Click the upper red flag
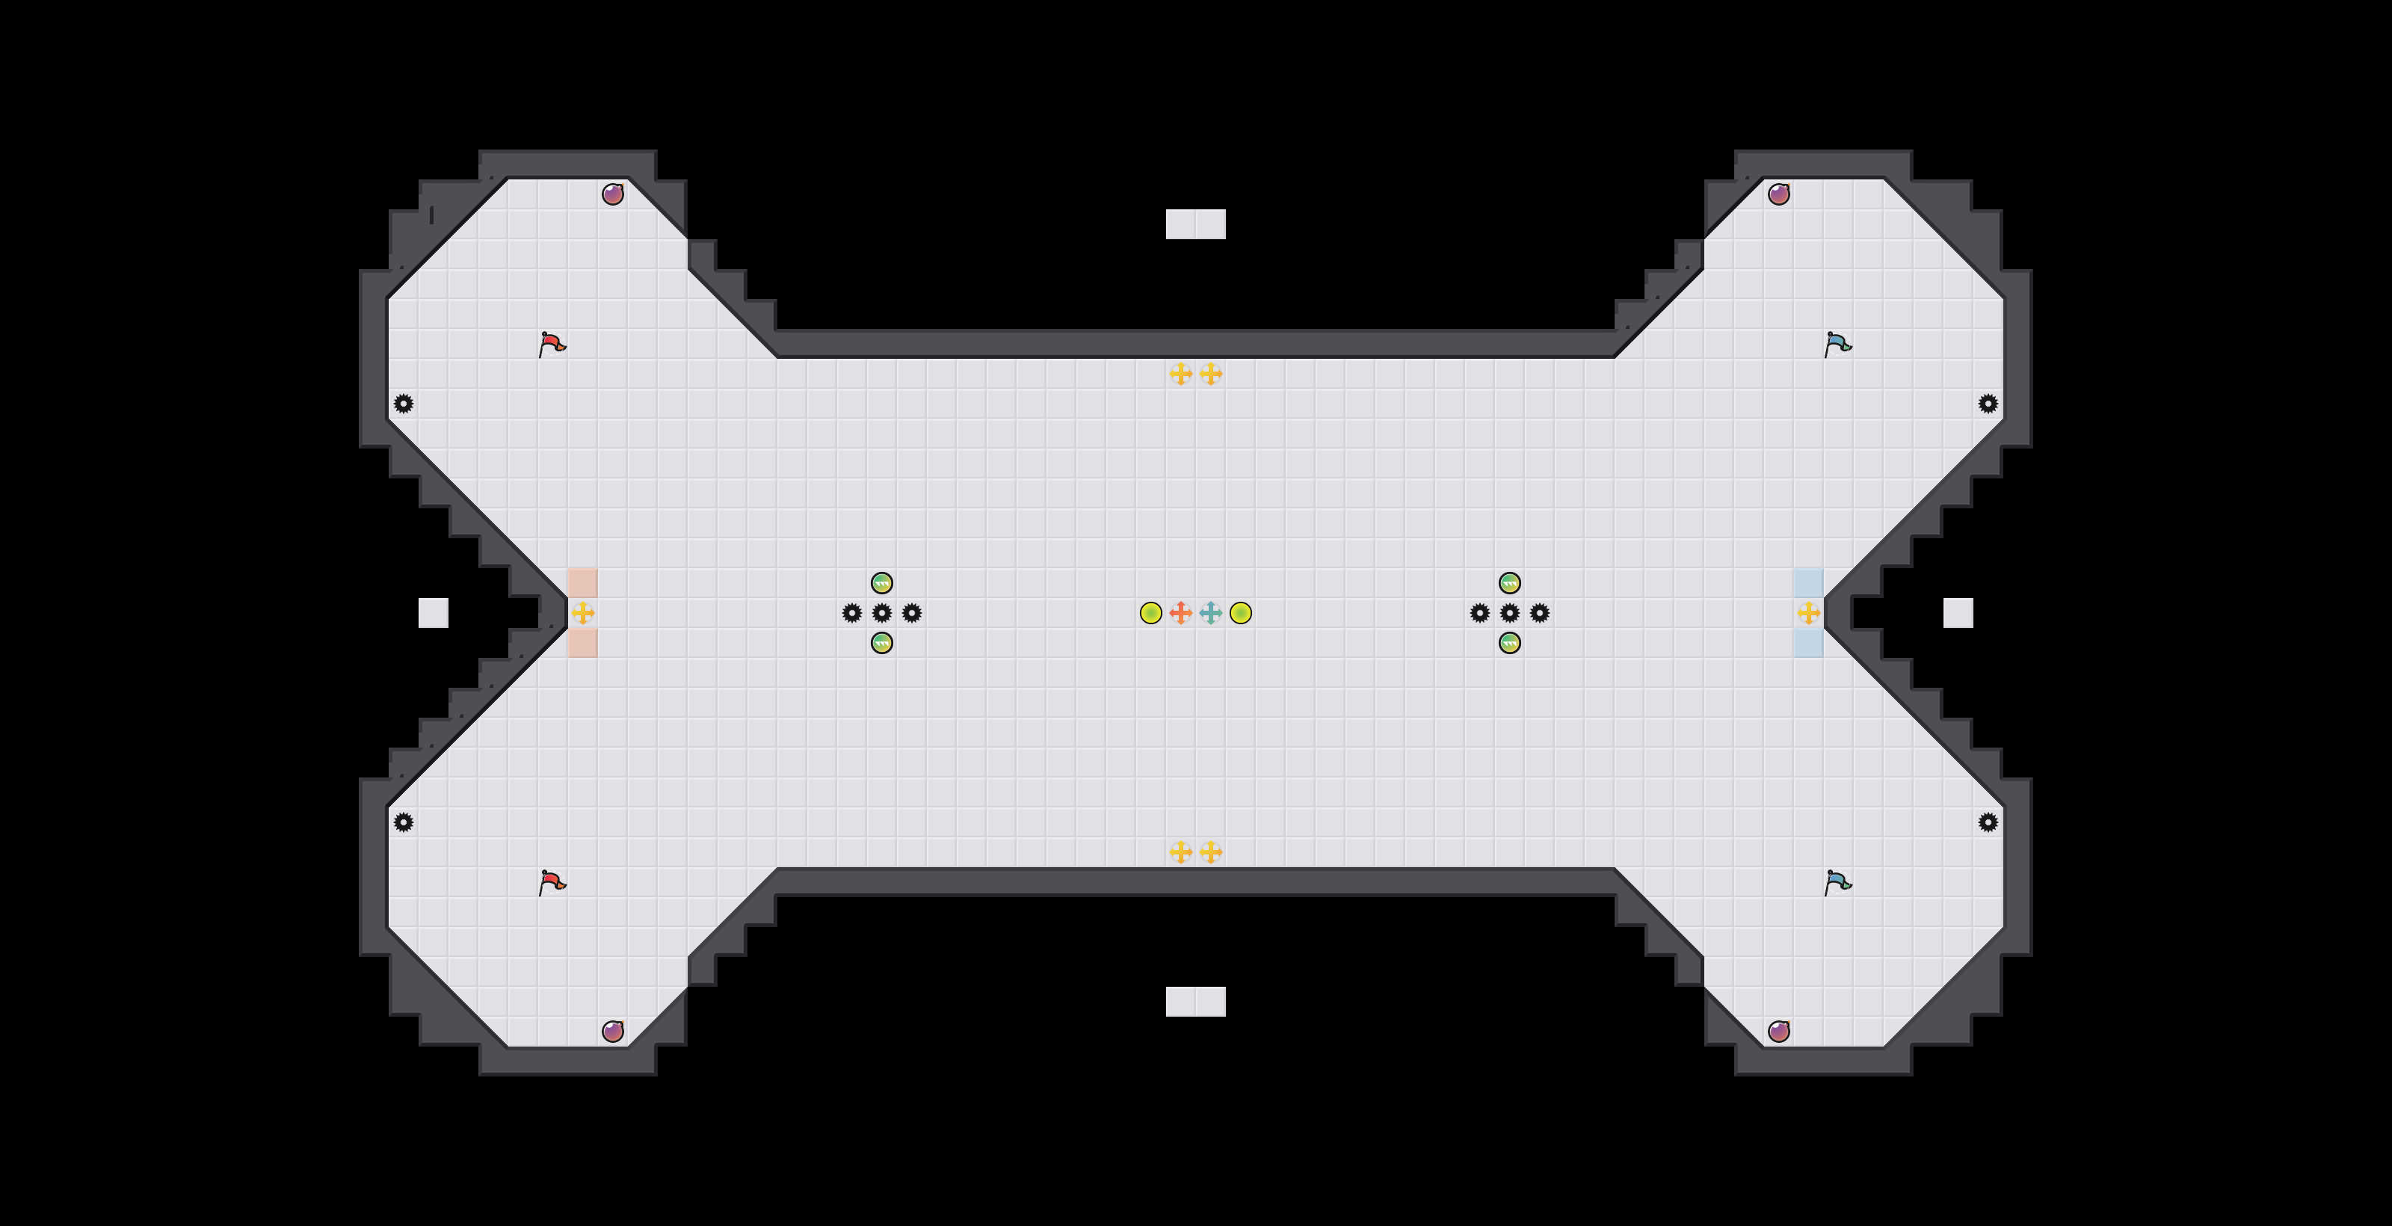552,345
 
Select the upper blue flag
1837,345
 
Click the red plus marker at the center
1180,613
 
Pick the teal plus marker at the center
1210,613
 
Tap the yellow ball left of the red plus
1150,613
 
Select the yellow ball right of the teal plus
1241,613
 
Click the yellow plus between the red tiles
582,613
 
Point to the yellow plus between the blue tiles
1808,613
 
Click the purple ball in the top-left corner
613,194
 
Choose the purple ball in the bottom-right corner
1779,1031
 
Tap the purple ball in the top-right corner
1779,194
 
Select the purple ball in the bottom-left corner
613,1031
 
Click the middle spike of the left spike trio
882,613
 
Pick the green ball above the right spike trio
1510,583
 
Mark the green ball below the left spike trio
882,643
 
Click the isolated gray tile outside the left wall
434,613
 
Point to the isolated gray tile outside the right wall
1958,613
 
